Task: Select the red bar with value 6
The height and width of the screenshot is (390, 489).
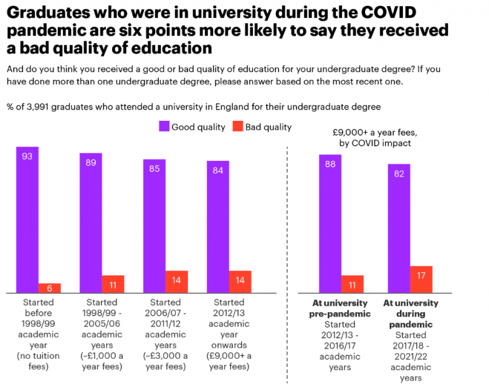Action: coord(50,288)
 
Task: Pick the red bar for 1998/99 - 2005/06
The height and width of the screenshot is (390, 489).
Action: coord(113,283)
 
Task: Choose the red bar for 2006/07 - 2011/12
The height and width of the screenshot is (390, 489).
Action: coord(176,282)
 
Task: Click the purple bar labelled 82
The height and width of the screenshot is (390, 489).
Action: coord(399,228)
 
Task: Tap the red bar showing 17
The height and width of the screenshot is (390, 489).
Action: coord(421,279)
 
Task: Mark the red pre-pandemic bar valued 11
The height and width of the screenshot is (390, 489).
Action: coord(353,283)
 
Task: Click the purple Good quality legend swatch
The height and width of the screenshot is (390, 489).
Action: coord(164,126)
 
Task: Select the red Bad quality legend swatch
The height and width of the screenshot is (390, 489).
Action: coord(237,126)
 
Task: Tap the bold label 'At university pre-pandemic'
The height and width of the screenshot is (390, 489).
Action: coord(340,308)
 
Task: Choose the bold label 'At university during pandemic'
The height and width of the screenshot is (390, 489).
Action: coord(411,313)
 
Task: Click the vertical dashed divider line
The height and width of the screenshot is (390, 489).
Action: coord(287,262)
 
